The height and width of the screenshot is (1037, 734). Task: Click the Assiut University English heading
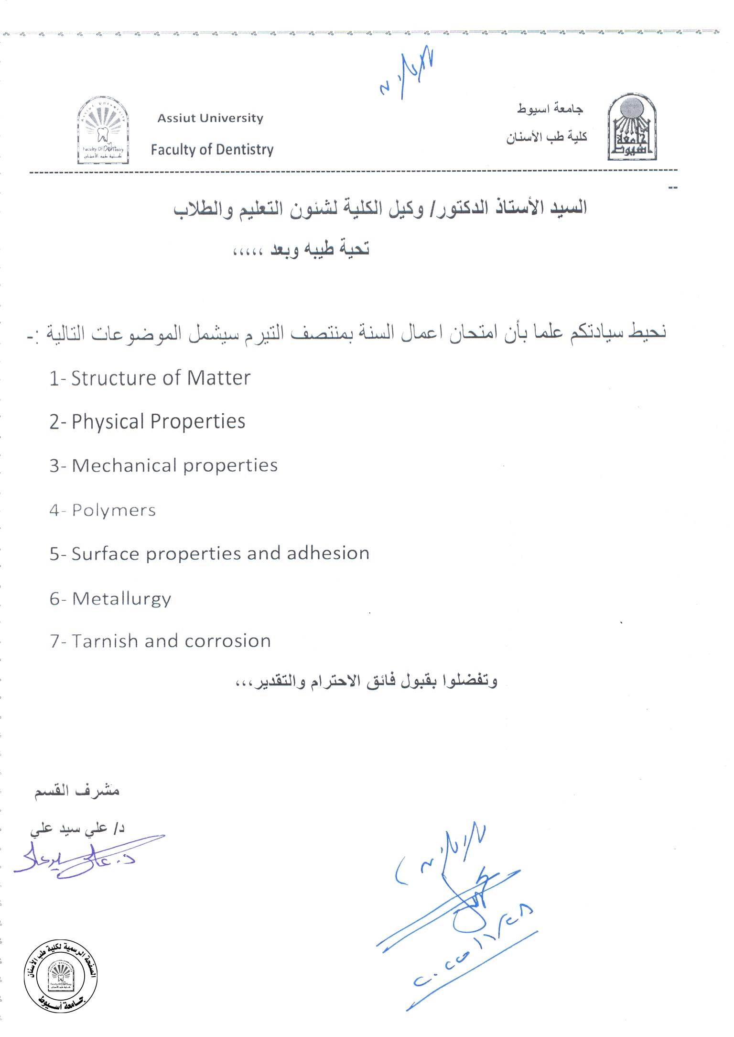tap(210, 118)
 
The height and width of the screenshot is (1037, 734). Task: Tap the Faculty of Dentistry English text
tap(212, 150)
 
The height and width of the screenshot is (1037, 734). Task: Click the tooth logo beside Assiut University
tap(103, 130)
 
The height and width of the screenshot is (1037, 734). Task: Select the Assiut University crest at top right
tap(632, 127)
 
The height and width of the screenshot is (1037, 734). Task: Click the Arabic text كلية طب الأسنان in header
tap(547, 137)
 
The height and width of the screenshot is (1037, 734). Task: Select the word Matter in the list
tap(218, 378)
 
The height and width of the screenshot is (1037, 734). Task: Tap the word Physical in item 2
tap(108, 422)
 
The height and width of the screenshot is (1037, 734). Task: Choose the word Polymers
tap(114, 510)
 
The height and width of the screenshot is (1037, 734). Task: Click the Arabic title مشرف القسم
tap(76, 792)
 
